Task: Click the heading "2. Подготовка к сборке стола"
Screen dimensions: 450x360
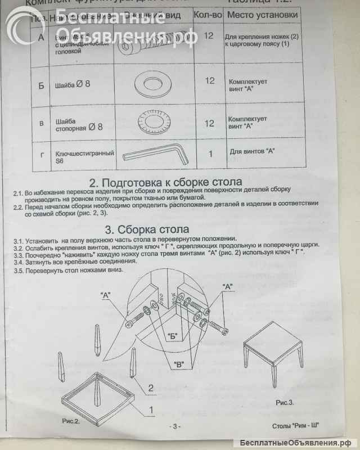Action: (166, 183)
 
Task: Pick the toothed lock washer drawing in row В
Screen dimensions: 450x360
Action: (152, 121)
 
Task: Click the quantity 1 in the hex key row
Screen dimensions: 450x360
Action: (210, 153)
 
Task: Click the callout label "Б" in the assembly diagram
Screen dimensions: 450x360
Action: (173, 336)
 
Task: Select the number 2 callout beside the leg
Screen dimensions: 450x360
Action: (151, 387)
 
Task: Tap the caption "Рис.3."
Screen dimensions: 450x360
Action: (285, 402)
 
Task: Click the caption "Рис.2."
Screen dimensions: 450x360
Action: (71, 420)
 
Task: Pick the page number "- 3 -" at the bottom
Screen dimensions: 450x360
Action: (175, 426)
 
